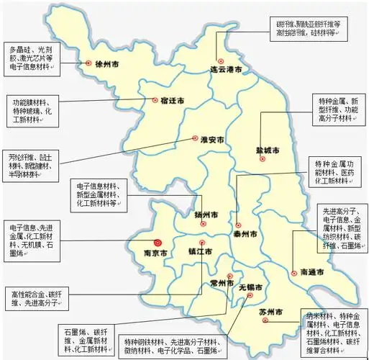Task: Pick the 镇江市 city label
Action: (x=201, y=253)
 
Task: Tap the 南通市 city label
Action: (x=311, y=272)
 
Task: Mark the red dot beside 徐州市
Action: (x=88, y=63)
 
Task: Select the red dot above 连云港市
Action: (x=221, y=60)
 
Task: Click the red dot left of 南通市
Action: (x=294, y=272)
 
